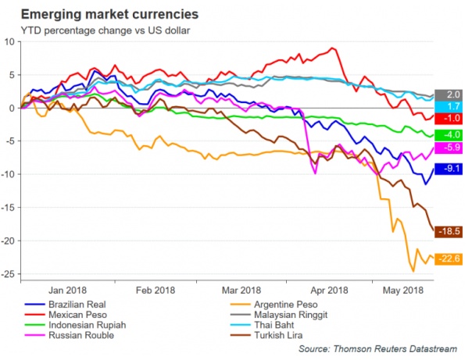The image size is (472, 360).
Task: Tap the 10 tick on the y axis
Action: coord(11,42)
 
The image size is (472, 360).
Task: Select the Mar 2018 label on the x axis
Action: coord(241,288)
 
